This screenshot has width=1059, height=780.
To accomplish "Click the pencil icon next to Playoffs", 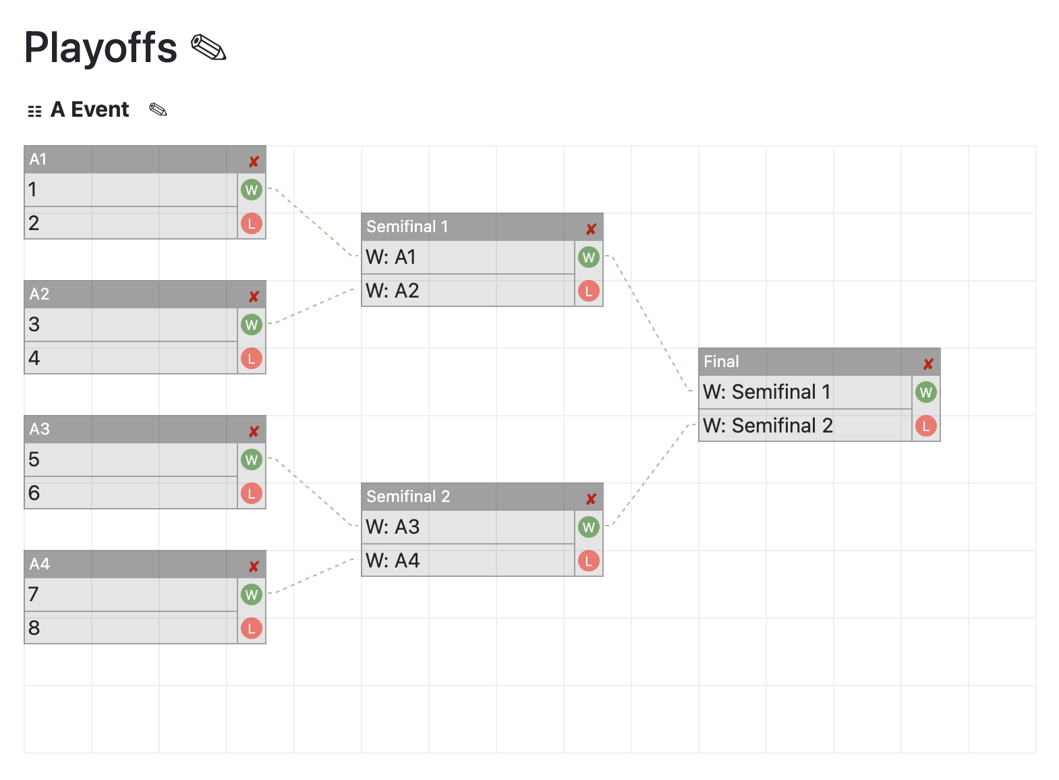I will click(x=208, y=48).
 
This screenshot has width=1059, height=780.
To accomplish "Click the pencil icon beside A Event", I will click(x=158, y=109).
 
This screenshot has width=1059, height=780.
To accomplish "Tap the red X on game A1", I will click(x=254, y=161).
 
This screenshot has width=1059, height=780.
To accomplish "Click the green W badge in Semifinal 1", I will click(x=588, y=257).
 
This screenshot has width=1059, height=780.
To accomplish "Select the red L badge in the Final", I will click(x=925, y=426).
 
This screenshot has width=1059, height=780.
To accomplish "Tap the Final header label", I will click(x=721, y=362).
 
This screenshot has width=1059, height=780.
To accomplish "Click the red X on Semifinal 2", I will click(x=591, y=499).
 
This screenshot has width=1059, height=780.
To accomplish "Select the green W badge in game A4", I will click(x=251, y=594).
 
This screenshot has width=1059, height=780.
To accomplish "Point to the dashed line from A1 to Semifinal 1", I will click(x=313, y=222).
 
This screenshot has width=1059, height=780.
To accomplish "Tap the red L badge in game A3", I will click(x=251, y=493).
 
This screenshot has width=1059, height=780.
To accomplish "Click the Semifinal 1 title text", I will click(x=407, y=227).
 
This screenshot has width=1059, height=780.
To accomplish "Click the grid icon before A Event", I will click(x=34, y=111).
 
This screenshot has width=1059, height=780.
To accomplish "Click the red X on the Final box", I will click(x=928, y=364).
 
